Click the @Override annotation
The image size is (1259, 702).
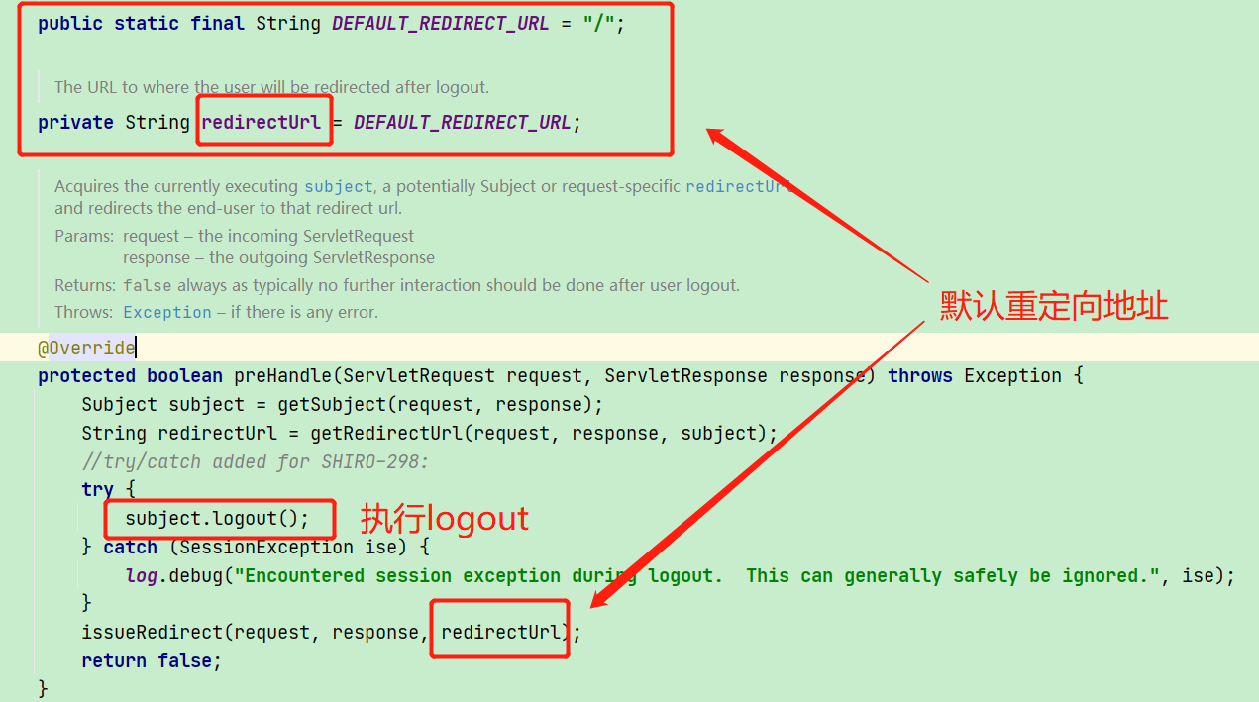pyautogui.click(x=86, y=348)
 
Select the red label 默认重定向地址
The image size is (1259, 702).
pyautogui.click(x=1054, y=306)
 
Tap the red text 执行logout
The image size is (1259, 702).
pyautogui.click(x=444, y=518)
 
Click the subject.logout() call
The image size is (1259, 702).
pyautogui.click(x=217, y=518)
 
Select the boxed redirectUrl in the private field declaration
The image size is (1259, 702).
pyautogui.click(x=262, y=123)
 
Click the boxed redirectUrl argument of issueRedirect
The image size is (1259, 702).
pyautogui.click(x=500, y=632)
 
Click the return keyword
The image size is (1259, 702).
pyautogui.click(x=114, y=660)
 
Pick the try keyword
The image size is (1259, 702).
pyautogui.click(x=97, y=489)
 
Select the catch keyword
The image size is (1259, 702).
pyautogui.click(x=131, y=547)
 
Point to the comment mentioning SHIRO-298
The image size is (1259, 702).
pyautogui.click(x=256, y=461)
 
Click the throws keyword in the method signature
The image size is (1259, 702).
pyautogui.click(x=920, y=376)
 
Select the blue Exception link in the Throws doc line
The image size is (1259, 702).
pyautogui.click(x=167, y=312)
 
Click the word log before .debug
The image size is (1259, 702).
pyautogui.click(x=141, y=575)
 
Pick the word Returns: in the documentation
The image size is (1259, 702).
pyautogui.click(x=85, y=285)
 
